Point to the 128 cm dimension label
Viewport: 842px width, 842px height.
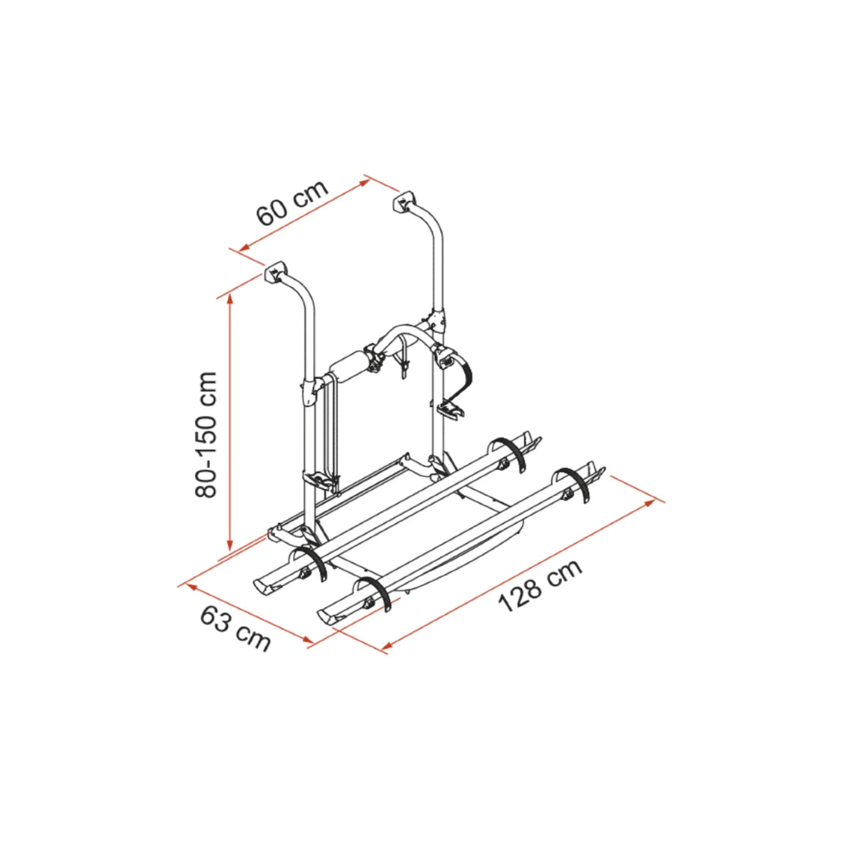pos(540,585)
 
